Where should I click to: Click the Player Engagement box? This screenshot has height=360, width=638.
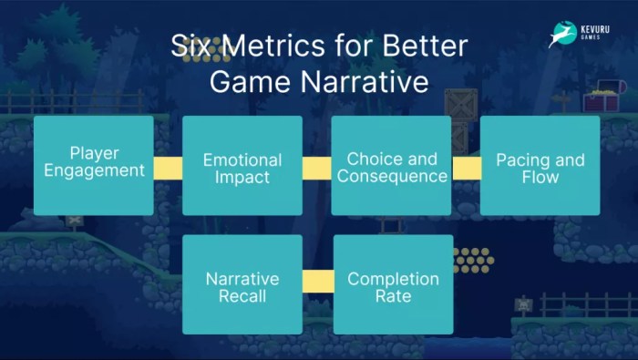93,164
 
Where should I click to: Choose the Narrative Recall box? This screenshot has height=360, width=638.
242,284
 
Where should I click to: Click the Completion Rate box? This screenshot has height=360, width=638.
393,284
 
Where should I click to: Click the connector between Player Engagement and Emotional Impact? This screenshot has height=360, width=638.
168,168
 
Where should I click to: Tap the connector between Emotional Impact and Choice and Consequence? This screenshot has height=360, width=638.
316,168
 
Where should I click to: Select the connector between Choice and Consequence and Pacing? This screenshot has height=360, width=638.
466,168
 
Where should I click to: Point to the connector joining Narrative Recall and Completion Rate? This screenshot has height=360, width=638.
318,282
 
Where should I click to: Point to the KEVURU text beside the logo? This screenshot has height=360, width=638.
596,28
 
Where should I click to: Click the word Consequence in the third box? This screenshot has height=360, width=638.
392,176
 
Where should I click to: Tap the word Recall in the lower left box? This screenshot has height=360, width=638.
242,296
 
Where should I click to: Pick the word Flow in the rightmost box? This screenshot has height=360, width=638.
540,177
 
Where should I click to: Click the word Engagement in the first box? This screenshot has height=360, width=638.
94,170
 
